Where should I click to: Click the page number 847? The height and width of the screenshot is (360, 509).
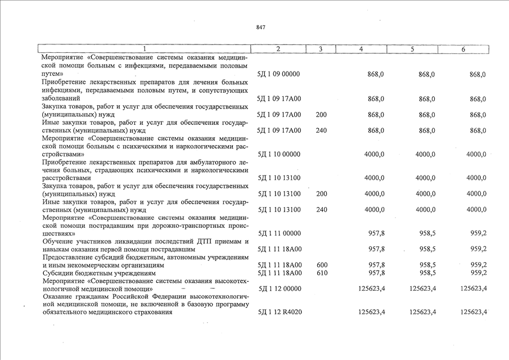tap(260, 27)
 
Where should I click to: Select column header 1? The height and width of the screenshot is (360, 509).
tap(145, 49)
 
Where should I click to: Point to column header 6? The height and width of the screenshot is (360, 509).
tap(463, 49)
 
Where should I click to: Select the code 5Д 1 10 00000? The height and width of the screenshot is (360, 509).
tap(278, 154)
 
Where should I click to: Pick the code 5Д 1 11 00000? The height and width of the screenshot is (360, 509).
tap(278, 233)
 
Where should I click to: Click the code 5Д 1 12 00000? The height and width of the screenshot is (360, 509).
tap(278, 289)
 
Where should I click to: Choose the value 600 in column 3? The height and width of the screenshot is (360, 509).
tap(322, 265)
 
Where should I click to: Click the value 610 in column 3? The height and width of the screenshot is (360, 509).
tap(322, 273)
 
